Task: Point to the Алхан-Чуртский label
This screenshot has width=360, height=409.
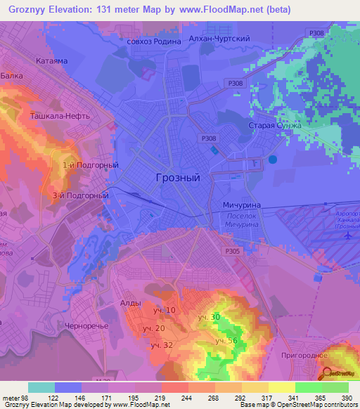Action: pyautogui.click(x=225, y=40)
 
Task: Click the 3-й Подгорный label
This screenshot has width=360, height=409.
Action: pyautogui.click(x=80, y=195)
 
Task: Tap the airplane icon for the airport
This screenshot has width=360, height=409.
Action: pyautogui.click(x=347, y=235)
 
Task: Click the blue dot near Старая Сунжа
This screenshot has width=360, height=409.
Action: pyautogui.click(x=273, y=160)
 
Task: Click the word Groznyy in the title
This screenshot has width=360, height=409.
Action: pyautogui.click(x=30, y=10)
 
